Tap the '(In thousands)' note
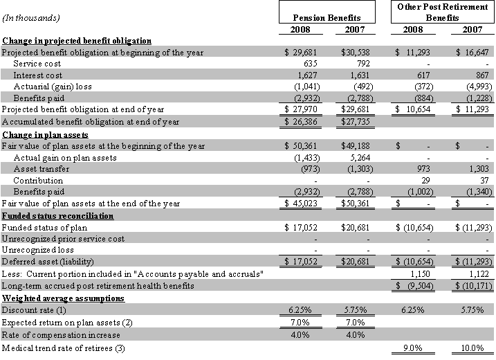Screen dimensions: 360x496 30,17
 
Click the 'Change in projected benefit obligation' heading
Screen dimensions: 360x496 77,41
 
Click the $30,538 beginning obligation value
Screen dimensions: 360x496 360,53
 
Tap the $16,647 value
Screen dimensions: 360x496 473,53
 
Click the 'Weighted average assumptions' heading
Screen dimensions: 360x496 62,298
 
